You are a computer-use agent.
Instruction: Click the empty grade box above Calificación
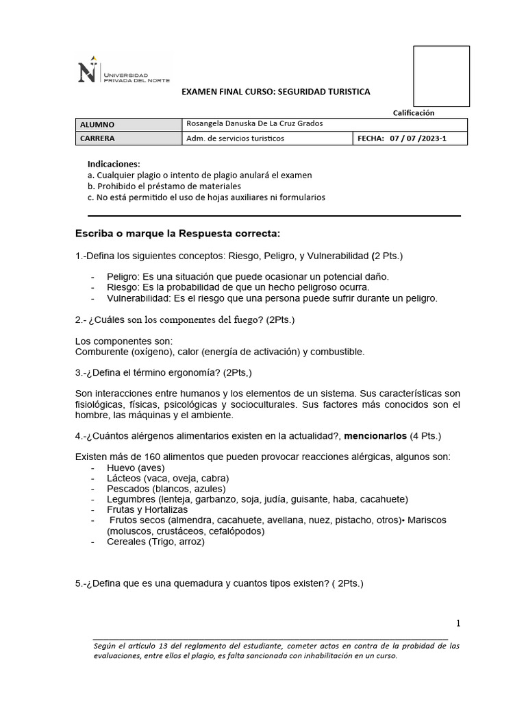[x=441, y=76]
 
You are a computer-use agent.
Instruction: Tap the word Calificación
[x=413, y=113]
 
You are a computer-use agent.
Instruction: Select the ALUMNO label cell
[x=127, y=125]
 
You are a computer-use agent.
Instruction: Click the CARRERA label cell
[x=127, y=138]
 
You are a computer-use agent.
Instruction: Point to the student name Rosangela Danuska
[x=220, y=124]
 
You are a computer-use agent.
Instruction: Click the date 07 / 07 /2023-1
[x=418, y=138]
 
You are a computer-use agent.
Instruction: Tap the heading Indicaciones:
[x=114, y=165]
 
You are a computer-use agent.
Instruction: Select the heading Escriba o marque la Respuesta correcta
[x=177, y=234]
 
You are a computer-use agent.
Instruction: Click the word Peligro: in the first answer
[x=124, y=277]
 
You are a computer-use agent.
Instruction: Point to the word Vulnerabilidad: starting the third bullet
[x=138, y=298]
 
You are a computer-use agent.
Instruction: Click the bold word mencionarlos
[x=375, y=436]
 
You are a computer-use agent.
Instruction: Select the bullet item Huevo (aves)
[x=136, y=468]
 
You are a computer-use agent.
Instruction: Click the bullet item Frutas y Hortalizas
[x=147, y=510]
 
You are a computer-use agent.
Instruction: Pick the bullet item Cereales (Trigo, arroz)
[x=155, y=542]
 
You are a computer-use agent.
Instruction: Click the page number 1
[x=459, y=623]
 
